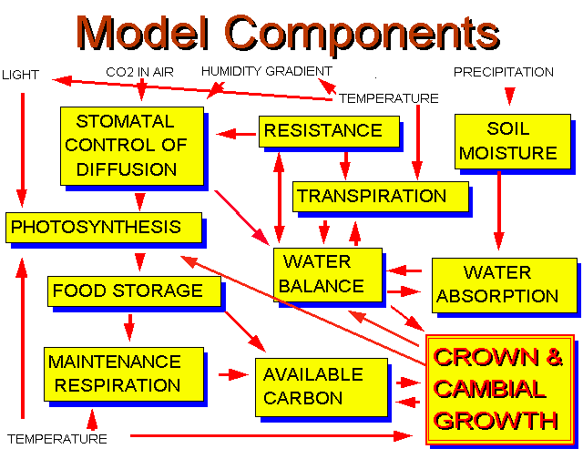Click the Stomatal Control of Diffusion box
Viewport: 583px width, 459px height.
[x=132, y=146]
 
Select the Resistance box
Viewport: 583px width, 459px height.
[x=329, y=131]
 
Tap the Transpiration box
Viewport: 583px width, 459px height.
[x=381, y=197]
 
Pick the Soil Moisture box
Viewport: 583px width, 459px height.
[x=513, y=141]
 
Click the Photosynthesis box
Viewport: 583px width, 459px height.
[x=104, y=228]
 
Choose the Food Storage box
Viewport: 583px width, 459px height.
[x=134, y=291]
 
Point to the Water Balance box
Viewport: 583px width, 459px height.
[x=328, y=275]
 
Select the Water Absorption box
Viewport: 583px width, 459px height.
[x=504, y=285]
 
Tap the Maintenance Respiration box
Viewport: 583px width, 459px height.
[x=124, y=374]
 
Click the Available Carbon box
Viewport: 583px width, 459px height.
[x=322, y=387]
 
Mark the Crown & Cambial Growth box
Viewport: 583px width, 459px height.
[x=500, y=390]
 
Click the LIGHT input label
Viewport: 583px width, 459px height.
[x=20, y=75]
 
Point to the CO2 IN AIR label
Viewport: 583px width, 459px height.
[x=139, y=72]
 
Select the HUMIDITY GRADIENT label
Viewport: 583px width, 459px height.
[x=267, y=71]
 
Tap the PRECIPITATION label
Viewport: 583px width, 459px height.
[x=504, y=72]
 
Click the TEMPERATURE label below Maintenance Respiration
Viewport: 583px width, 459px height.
[x=57, y=439]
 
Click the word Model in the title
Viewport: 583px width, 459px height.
[x=142, y=33]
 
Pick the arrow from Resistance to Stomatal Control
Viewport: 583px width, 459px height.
[x=236, y=134]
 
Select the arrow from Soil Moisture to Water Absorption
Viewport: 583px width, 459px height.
[x=499, y=210]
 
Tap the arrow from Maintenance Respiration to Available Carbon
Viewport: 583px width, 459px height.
[x=233, y=374]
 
